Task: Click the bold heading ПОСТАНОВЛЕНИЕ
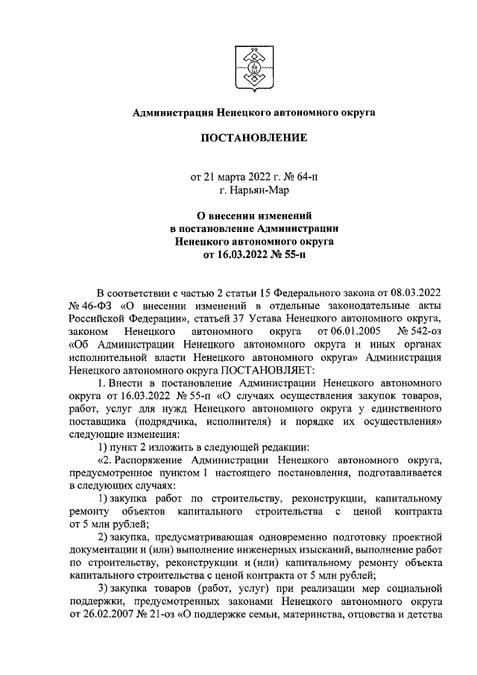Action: pyautogui.click(x=253, y=138)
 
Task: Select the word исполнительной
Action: pyautogui.click(x=103, y=357)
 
